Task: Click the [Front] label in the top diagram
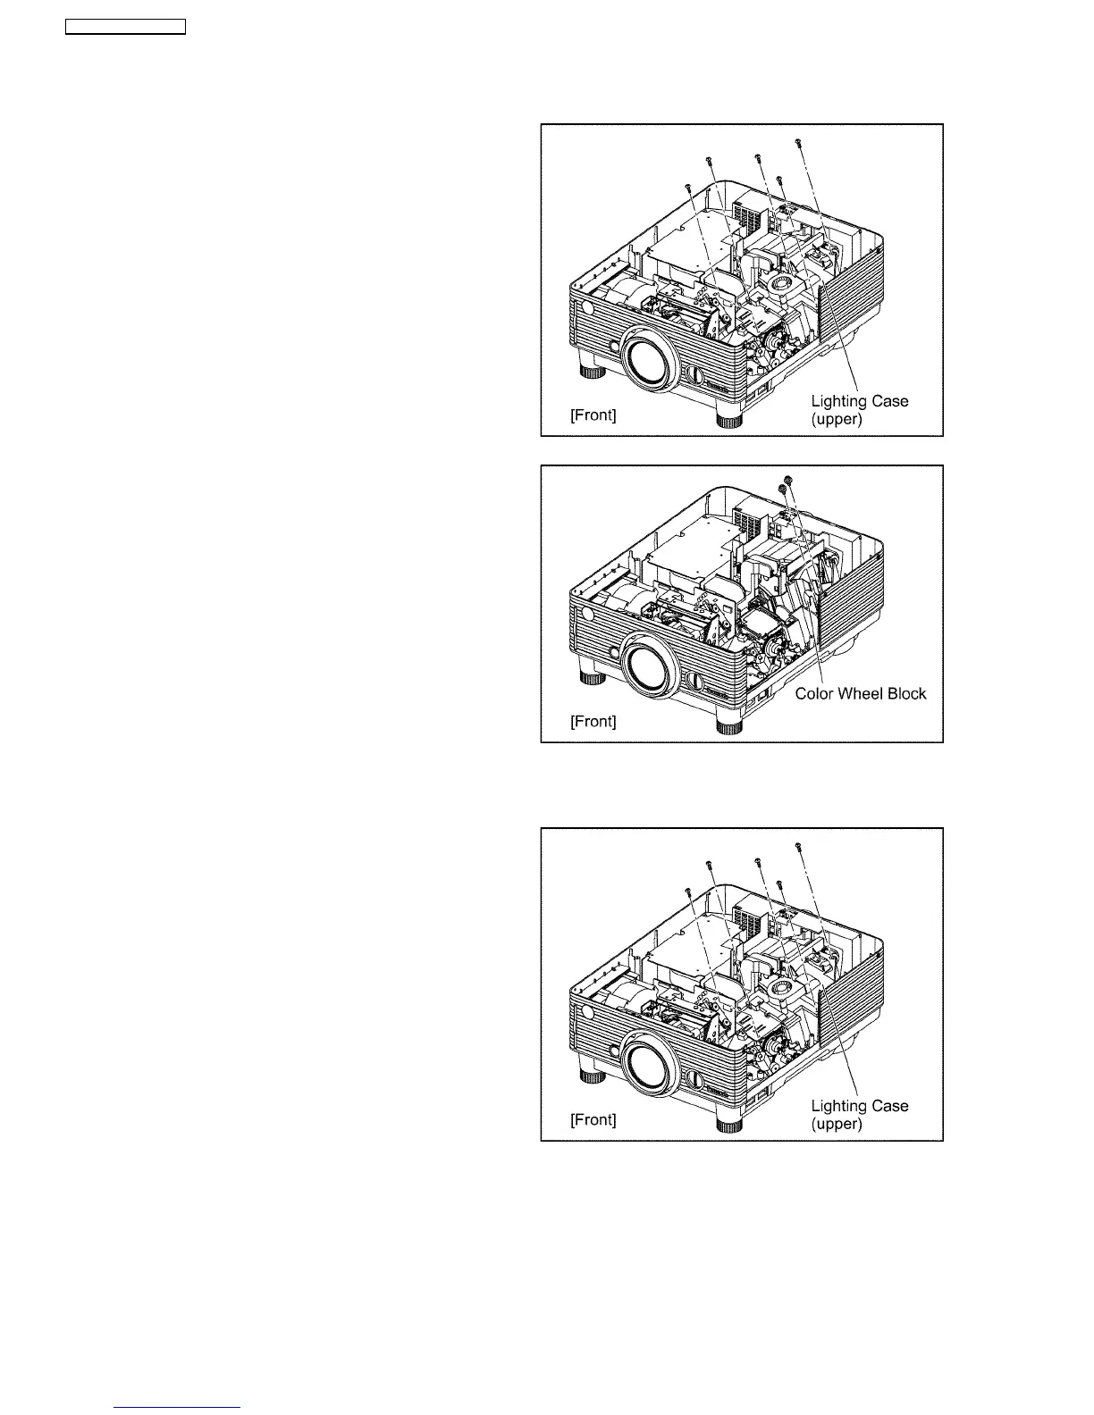tap(593, 415)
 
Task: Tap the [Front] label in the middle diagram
tap(593, 721)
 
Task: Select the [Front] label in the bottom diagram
tap(593, 1119)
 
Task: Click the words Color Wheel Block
tap(860, 693)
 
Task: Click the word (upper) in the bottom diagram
tap(836, 1124)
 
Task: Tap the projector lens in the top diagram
tap(650, 361)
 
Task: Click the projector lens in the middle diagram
tap(650, 668)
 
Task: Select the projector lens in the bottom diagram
tap(650, 1065)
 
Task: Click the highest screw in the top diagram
tap(798, 141)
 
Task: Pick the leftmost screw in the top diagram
tap(687, 187)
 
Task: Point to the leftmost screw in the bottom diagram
tap(687, 891)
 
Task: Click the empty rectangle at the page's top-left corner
tap(125, 27)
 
